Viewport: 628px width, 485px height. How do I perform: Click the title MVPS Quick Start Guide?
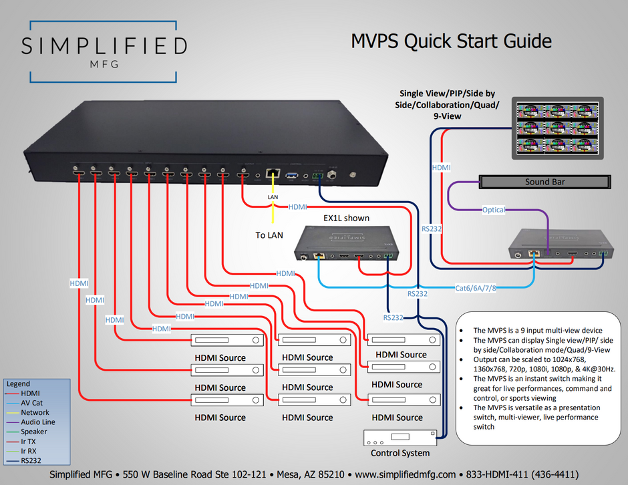tap(452, 41)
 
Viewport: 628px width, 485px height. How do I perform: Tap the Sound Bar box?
tap(545, 182)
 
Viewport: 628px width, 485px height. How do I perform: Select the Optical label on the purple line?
tap(494, 210)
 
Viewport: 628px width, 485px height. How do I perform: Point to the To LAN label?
tap(271, 235)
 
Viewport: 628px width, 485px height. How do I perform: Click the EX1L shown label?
tap(346, 218)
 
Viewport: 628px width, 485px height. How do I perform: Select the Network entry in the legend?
tap(35, 412)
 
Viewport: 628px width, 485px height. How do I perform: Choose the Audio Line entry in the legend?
tap(38, 422)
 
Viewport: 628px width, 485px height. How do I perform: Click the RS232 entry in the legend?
tap(31, 460)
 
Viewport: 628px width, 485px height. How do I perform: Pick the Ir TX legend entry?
tap(28, 441)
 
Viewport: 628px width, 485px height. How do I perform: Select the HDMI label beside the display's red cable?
tap(442, 168)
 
